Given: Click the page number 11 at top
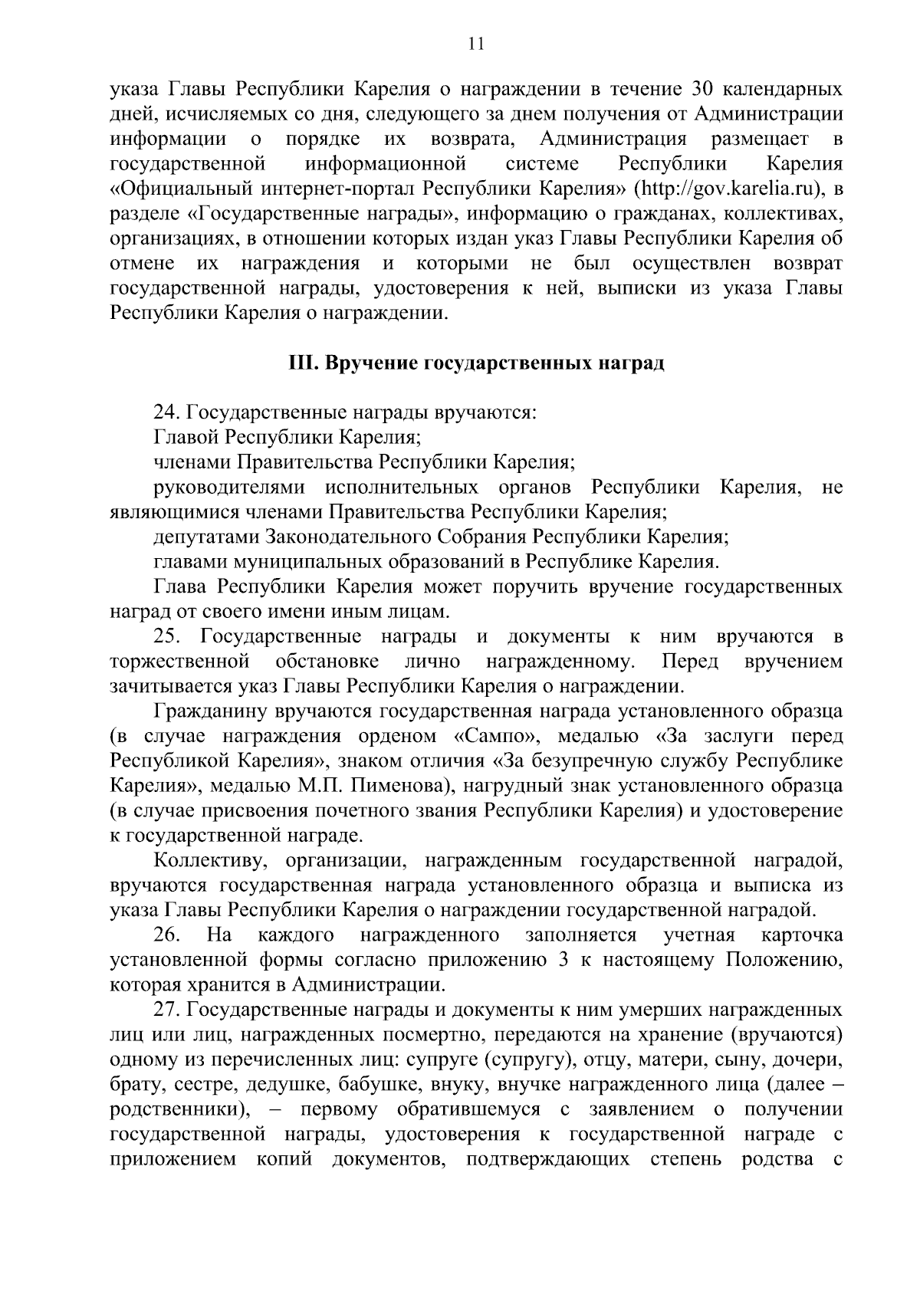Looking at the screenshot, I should click(x=475, y=44).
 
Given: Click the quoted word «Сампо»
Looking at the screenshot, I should click(x=493, y=737).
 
